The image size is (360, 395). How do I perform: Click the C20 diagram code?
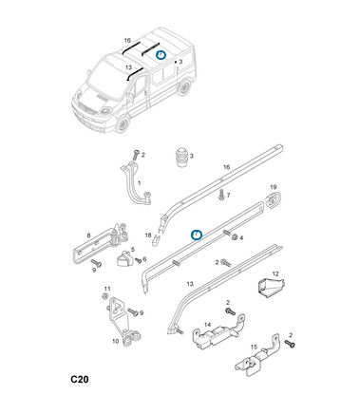[80, 379]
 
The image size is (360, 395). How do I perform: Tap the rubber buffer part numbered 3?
[181, 157]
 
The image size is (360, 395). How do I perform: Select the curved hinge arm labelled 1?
[137, 182]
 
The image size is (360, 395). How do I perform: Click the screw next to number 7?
[221, 195]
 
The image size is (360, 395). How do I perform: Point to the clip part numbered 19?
[272, 199]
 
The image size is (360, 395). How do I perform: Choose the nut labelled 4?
[235, 237]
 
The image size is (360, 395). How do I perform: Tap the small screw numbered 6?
[139, 260]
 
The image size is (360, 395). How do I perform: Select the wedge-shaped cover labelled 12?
[271, 288]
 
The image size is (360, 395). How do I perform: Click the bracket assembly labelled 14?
[218, 329]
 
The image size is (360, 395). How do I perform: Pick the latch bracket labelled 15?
[256, 358]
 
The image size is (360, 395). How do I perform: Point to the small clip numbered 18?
[156, 241]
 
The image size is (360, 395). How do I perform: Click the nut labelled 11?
[104, 296]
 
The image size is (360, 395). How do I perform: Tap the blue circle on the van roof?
[161, 56]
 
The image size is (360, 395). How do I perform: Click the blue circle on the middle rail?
[197, 235]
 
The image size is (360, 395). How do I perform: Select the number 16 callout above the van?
[127, 41]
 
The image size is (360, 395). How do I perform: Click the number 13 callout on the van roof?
[128, 67]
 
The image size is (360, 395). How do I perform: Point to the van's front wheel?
[122, 124]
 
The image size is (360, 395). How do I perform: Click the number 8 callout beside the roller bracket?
[88, 235]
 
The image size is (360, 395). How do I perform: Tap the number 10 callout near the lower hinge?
[115, 341]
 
